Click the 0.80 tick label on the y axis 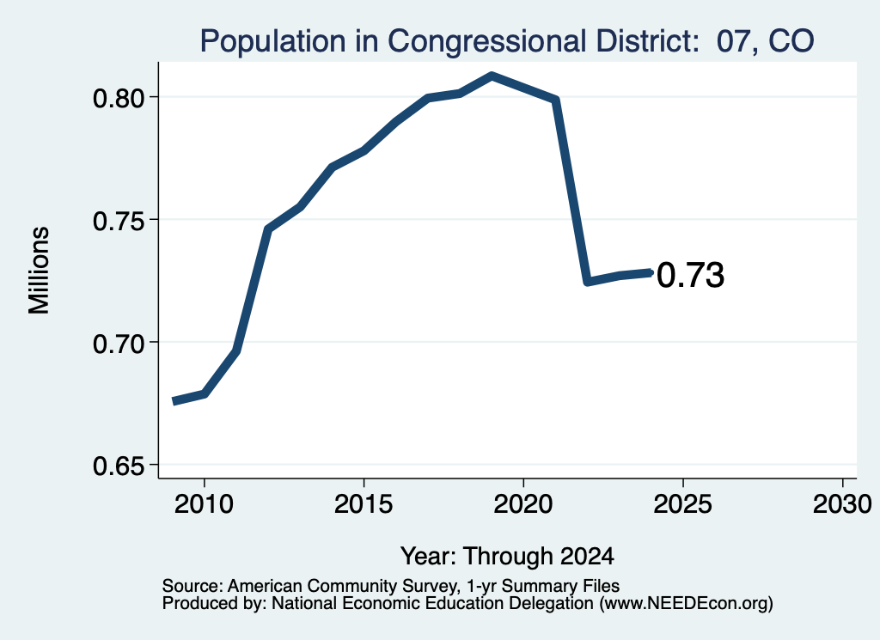pos(119,98)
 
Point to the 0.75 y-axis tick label pos(119,221)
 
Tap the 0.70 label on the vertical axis pos(119,343)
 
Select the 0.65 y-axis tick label pos(119,466)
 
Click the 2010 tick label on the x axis pos(204,503)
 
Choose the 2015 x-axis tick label pos(364,503)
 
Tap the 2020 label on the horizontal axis pos(523,503)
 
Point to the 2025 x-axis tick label pos(683,503)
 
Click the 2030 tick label pos(842,503)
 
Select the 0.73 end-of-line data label pos(690,276)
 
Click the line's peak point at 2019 pos(492,76)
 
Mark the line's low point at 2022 pos(588,281)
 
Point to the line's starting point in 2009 pos(174,401)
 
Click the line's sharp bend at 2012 pos(268,229)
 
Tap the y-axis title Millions pos(39,270)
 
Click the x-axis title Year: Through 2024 pos(507,556)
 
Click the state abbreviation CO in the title pos(791,40)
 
